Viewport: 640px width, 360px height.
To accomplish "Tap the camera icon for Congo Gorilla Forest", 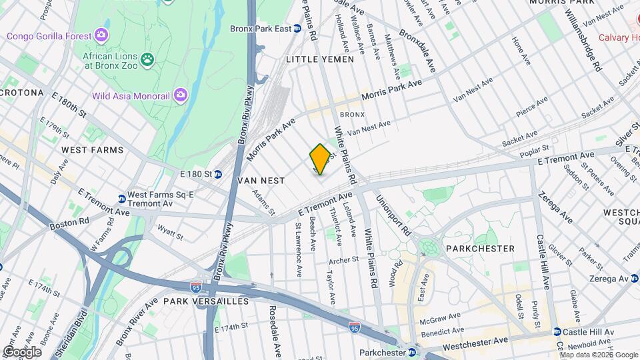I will point(101,34).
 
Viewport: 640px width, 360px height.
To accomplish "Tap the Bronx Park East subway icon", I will point(299,29).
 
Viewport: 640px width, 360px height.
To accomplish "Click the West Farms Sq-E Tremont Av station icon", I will point(121,199).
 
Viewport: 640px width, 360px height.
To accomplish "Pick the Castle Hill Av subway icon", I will point(557,332).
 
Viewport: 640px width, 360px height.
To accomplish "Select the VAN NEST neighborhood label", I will point(261,181).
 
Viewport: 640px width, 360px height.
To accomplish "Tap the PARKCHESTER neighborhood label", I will point(482,249).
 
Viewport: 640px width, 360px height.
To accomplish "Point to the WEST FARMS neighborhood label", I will point(92,151).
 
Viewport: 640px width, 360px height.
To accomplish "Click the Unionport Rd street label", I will point(393,214).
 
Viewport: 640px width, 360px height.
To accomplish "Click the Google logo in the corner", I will point(22,351).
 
